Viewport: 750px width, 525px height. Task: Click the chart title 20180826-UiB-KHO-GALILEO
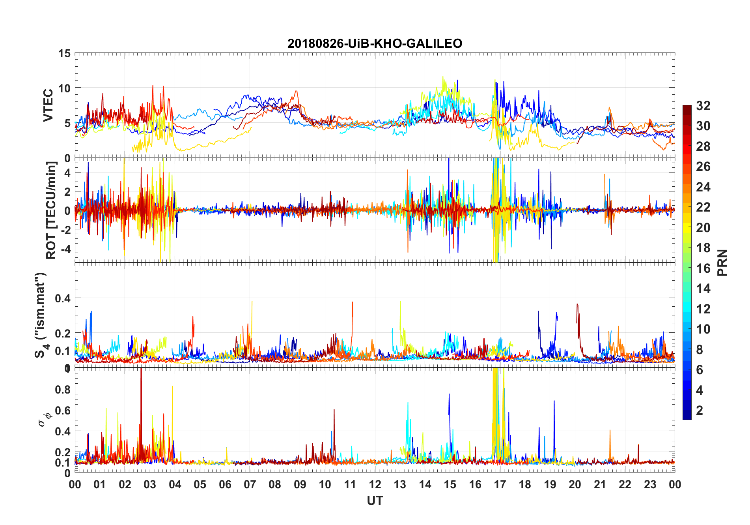coord(375,43)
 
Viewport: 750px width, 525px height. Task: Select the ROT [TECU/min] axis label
coord(51,210)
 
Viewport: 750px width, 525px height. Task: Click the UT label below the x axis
coord(375,501)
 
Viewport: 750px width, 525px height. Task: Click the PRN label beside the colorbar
coord(722,262)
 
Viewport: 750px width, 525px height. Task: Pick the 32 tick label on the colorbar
coord(703,105)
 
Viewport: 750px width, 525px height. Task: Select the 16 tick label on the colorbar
coord(703,268)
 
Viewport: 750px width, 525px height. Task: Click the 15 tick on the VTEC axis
coord(64,53)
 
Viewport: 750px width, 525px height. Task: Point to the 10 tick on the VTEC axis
coord(64,88)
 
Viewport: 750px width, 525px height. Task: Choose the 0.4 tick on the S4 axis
coord(63,298)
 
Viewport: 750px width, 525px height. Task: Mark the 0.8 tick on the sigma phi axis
coord(63,389)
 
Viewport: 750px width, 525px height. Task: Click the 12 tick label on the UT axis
coord(375,484)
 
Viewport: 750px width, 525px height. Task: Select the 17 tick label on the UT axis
coord(500,484)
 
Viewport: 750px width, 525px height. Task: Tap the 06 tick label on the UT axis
coord(225,484)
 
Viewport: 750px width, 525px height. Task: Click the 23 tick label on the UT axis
coord(650,484)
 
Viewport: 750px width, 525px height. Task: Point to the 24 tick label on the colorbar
coord(703,187)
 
